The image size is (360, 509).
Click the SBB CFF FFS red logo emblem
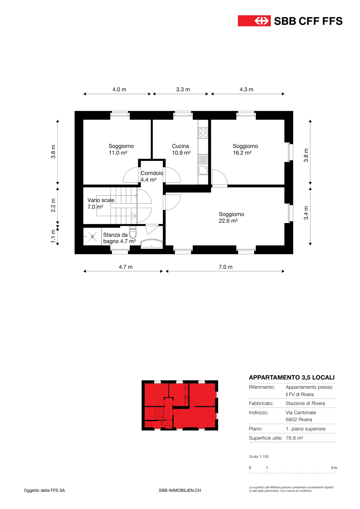click(254, 21)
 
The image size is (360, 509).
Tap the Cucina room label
click(180, 146)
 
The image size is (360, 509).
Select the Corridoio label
click(152, 173)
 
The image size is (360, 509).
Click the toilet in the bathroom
click(133, 232)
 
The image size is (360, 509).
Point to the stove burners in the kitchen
click(203, 133)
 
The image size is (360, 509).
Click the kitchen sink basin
click(203, 170)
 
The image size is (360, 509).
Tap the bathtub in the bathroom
click(152, 244)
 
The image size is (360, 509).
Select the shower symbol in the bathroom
click(93, 237)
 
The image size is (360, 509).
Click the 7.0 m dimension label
click(225, 267)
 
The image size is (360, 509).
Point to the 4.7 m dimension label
click(126, 267)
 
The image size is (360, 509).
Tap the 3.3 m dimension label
click(183, 89)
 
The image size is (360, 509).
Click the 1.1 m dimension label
click(53, 236)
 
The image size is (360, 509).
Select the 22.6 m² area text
click(228, 221)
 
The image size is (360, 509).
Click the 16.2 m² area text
click(242, 153)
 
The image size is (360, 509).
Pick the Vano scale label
click(101, 200)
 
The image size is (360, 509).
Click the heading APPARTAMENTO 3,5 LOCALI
click(292, 377)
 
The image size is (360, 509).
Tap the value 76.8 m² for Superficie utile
click(294, 438)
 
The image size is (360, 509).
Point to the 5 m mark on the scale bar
click(334, 468)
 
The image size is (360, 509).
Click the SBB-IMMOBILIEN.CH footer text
click(180, 490)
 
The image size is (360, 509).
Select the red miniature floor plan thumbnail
click(180, 405)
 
